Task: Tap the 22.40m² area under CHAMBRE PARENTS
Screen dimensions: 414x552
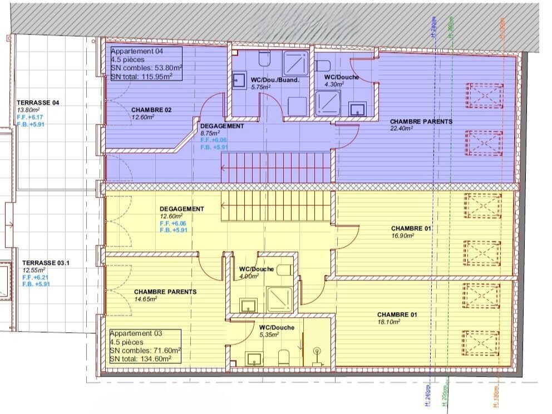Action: pos(401,129)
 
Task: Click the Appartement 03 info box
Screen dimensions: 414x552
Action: pos(145,346)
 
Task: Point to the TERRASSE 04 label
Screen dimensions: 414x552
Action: pos(38,103)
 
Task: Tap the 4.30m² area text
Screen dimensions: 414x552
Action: pos(334,84)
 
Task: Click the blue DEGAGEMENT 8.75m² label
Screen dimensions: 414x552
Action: pos(222,126)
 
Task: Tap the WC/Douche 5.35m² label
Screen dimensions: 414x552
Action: pos(277,328)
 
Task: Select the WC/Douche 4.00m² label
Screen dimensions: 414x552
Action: pos(256,269)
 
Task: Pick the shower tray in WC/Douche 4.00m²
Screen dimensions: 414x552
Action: pos(280,299)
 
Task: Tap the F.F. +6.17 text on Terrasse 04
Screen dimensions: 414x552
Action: pos(31,117)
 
